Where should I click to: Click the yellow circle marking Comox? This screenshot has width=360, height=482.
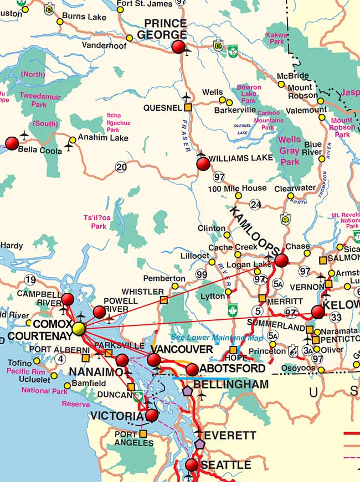pyautogui.click(x=79, y=329)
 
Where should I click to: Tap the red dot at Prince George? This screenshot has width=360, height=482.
pyautogui.click(x=178, y=47)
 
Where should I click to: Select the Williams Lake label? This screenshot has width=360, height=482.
pyautogui.click(x=241, y=158)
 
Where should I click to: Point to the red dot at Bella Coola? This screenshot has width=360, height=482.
pyautogui.click(x=12, y=144)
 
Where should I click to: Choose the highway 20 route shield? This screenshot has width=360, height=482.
pyautogui.click(x=121, y=166)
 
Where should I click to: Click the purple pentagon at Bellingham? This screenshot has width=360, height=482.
pyautogui.click(x=188, y=390)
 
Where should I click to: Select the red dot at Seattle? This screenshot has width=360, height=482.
pyautogui.click(x=192, y=465)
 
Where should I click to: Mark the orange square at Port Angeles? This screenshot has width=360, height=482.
pyautogui.click(x=143, y=434)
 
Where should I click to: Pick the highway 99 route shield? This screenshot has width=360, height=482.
pyautogui.click(x=201, y=274)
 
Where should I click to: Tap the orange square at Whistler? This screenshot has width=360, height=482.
pyautogui.click(x=163, y=300)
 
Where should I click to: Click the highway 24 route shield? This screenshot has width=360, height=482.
pyautogui.click(x=255, y=205)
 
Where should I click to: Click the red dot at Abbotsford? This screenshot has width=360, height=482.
pyautogui.click(x=192, y=370)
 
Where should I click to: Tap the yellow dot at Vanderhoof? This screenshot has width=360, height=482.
pyautogui.click(x=130, y=38)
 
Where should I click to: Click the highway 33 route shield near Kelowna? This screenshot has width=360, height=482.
pyautogui.click(x=335, y=317)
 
